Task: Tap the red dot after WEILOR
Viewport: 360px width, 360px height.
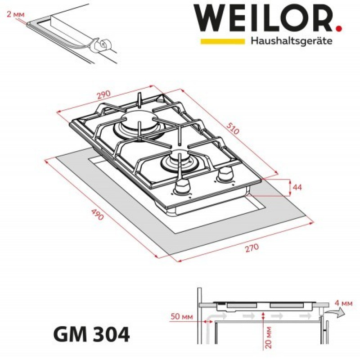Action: pyautogui.click(x=339, y=28)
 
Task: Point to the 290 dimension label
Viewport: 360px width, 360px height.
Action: pyautogui.click(x=104, y=95)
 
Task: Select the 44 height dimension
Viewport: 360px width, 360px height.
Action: pyautogui.click(x=297, y=187)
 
